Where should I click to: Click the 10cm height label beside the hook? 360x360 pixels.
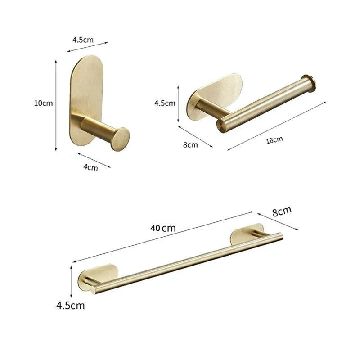44,103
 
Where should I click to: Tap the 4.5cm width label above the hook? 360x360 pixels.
83,40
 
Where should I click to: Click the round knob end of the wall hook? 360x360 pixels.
120,139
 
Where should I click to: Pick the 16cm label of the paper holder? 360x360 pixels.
274,140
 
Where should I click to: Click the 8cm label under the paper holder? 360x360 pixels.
190,144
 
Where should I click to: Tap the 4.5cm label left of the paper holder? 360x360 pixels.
165,103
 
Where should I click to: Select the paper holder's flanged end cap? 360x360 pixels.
309,83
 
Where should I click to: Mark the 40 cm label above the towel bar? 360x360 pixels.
163,228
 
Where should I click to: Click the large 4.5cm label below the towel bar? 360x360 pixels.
70,306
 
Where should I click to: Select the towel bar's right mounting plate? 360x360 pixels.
246,234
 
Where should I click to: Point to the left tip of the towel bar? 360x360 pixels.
94,290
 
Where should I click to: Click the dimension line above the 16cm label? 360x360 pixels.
277,126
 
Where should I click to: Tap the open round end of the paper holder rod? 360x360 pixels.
221,126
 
